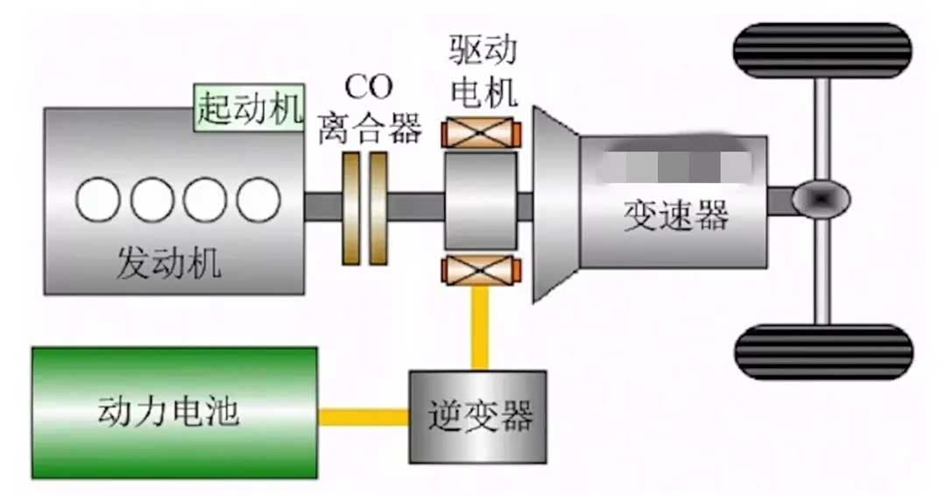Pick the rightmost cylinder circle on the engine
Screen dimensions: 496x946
258,201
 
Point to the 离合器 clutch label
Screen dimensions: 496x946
369,128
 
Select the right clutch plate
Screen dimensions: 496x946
378,208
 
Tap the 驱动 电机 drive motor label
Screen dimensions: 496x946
481,70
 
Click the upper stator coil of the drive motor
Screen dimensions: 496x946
481,132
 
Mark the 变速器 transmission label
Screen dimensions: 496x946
675,213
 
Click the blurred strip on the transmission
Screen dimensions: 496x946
675,163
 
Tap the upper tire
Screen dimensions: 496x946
822,51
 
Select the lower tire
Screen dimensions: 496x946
822,351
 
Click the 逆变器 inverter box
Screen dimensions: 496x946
478,416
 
